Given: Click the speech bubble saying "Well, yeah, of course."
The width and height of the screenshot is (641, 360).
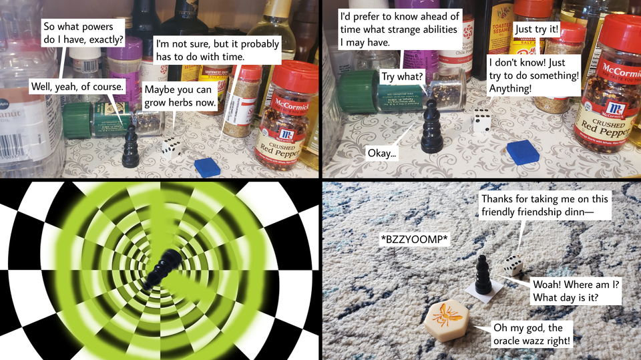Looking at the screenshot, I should [x=78, y=87].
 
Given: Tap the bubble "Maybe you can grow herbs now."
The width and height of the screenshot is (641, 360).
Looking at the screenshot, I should [x=180, y=98].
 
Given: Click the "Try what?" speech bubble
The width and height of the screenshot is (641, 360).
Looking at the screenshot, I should [x=402, y=77].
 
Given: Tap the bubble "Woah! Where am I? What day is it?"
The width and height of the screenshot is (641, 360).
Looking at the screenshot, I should [x=576, y=291].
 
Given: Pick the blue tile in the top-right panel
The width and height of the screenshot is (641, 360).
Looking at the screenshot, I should [x=522, y=152].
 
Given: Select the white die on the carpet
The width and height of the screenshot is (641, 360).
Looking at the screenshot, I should [x=513, y=265].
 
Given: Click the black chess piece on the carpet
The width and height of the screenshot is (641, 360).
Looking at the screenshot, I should [x=483, y=274].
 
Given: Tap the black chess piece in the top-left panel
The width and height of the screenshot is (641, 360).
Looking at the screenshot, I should [x=130, y=146].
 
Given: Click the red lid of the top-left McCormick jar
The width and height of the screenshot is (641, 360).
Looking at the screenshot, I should [x=294, y=79].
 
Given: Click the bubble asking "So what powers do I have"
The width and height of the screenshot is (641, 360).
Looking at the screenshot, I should [x=83, y=33].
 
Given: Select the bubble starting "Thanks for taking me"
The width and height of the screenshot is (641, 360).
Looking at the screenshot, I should [x=545, y=206].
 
